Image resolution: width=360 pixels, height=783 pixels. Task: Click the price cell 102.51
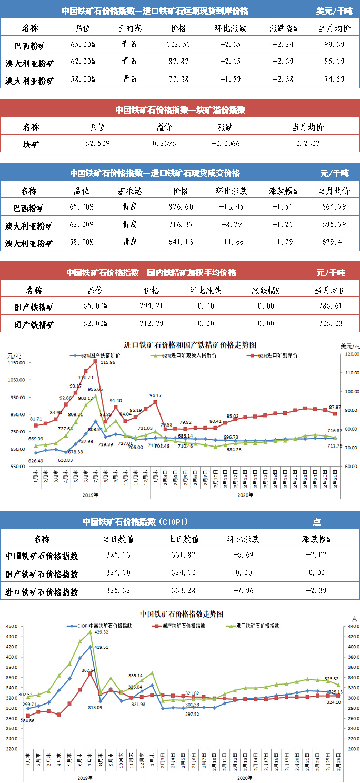(x=178, y=44)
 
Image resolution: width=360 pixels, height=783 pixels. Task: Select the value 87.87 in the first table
(x=178, y=62)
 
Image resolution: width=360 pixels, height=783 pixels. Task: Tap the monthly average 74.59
(x=334, y=80)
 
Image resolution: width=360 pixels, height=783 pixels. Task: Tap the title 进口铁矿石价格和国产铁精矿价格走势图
(x=190, y=345)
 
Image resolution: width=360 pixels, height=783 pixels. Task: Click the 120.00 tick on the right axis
(x=349, y=354)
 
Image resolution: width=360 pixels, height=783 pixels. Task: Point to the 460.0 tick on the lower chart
(x=12, y=627)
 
